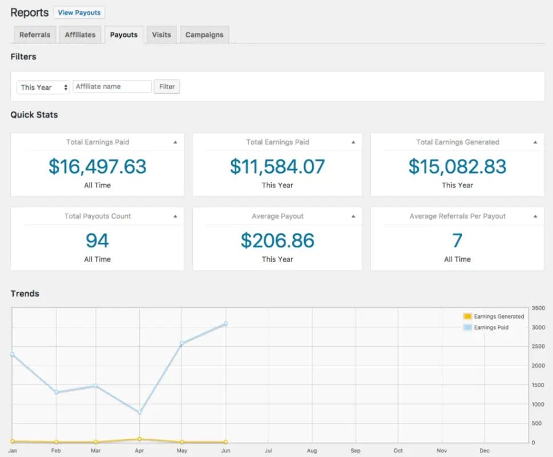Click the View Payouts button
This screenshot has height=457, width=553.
click(79, 13)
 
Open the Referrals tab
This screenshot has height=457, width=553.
click(35, 35)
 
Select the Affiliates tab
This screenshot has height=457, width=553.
click(80, 35)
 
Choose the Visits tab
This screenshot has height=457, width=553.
click(162, 35)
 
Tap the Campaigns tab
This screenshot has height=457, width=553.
click(204, 35)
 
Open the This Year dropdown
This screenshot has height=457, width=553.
click(43, 87)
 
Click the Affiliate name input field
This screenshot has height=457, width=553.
click(112, 86)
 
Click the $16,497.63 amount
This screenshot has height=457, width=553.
click(97, 166)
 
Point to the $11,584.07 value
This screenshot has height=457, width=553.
click(277, 166)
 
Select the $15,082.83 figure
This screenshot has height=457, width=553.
click(457, 166)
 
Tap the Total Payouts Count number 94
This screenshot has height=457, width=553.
click(97, 240)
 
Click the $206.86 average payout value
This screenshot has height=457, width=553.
click(277, 240)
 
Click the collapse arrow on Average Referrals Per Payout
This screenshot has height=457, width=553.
click(535, 217)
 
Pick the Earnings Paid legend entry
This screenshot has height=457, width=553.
click(491, 327)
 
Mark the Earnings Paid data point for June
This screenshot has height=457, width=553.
click(226, 324)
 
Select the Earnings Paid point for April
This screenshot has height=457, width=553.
click(140, 412)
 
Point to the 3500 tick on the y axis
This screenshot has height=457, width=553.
click(538, 308)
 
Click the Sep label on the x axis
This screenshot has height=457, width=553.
click(356, 451)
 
